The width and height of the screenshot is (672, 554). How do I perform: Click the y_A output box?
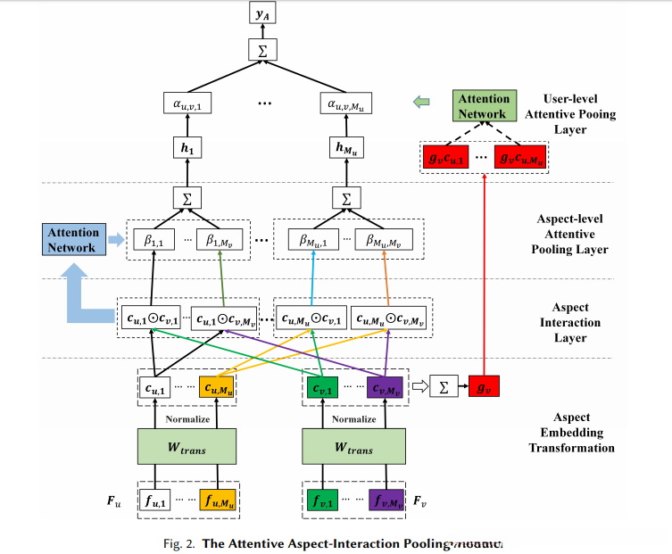(261, 13)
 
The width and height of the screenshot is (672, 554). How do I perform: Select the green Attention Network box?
(483, 106)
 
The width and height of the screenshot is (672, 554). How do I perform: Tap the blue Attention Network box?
(73, 240)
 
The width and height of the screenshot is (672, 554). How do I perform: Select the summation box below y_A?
(261, 53)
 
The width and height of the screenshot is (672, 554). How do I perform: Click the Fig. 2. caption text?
(339, 542)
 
